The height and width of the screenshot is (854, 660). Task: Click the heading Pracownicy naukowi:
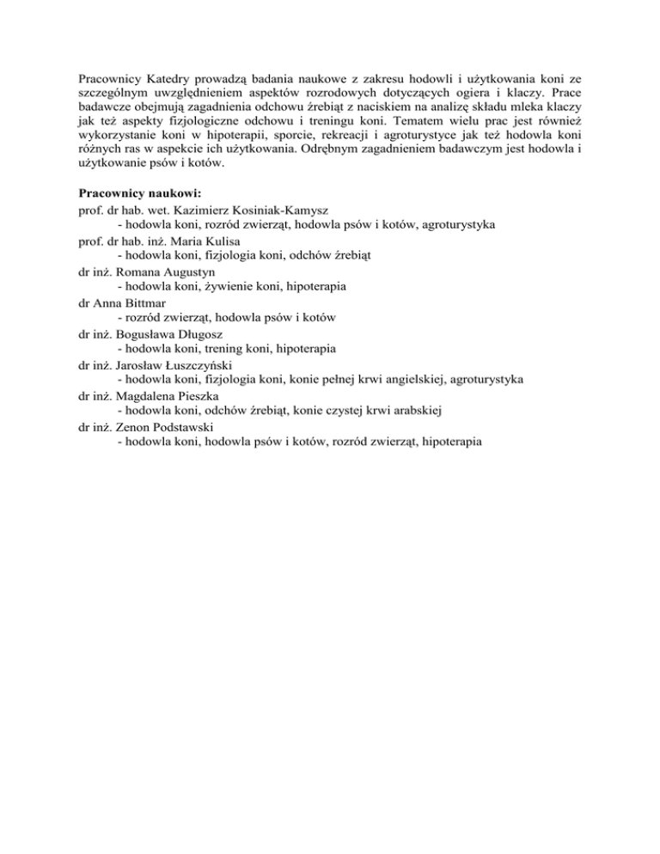138,193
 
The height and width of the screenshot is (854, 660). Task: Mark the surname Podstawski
177,427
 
